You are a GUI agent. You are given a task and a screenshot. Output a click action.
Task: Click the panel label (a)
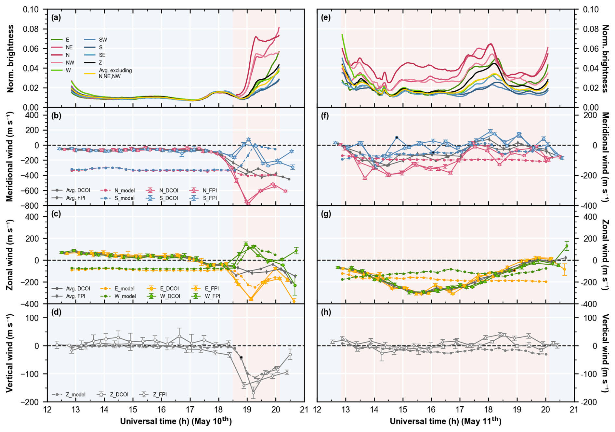click(56, 18)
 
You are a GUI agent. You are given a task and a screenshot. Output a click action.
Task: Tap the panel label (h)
click(326, 312)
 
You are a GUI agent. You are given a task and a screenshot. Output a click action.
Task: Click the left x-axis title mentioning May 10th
click(176, 421)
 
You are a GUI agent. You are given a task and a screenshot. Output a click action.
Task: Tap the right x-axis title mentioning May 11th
click(445, 421)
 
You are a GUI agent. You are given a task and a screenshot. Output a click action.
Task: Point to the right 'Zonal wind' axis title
click(605, 255)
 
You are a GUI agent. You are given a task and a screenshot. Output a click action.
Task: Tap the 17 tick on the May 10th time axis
click(190, 409)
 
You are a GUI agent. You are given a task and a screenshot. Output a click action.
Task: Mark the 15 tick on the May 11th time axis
click(403, 409)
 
